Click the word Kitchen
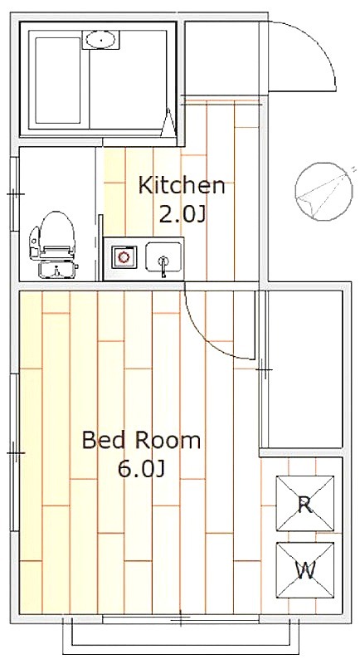[x=182, y=185]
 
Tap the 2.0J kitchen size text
[x=182, y=215]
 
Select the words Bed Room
[x=141, y=441]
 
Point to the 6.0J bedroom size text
[x=141, y=469]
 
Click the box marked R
[x=305, y=504]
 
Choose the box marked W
[x=305, y=570]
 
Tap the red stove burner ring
[x=124, y=256]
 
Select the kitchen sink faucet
[x=163, y=266]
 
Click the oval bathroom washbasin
[x=100, y=40]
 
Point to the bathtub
[x=58, y=81]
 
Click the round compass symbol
[x=324, y=193]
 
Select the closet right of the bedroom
[x=304, y=369]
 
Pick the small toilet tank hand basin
[x=58, y=270]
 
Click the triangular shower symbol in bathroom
[x=168, y=123]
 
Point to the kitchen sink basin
[x=163, y=256]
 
